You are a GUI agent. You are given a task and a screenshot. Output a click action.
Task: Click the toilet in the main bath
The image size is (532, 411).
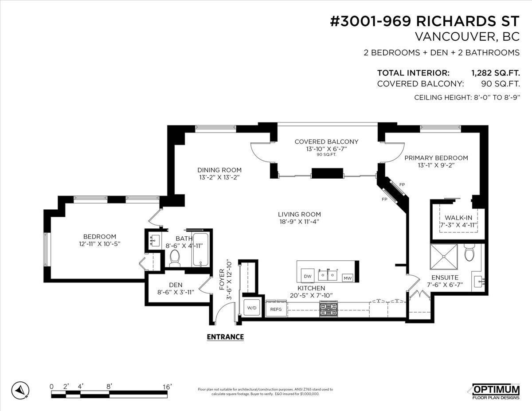click(175, 258)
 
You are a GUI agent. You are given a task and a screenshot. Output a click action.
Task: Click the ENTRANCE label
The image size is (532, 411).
click(225, 337)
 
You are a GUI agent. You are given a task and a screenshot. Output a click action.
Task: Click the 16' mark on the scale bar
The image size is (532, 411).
click(167, 387)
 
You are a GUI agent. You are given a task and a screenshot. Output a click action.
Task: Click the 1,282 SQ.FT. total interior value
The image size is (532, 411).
click(495, 73)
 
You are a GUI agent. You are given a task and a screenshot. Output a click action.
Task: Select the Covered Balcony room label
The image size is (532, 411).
click(326, 142)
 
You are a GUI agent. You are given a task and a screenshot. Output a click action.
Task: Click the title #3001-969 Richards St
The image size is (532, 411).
click(425, 22)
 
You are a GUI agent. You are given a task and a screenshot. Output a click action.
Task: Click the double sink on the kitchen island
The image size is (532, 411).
click(329, 275)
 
